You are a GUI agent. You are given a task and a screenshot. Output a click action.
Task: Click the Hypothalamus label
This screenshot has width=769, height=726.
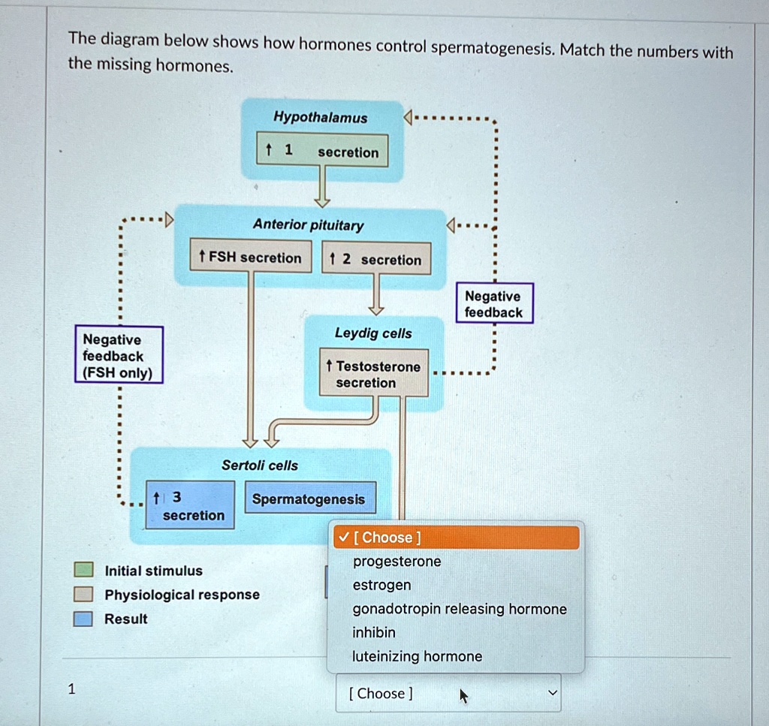tap(321, 118)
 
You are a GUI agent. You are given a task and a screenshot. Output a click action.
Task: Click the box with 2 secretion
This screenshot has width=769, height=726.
tap(376, 259)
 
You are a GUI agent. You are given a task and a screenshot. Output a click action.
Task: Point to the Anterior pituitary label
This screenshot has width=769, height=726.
tap(308, 224)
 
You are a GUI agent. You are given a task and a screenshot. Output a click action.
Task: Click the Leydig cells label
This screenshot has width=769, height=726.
tap(373, 333)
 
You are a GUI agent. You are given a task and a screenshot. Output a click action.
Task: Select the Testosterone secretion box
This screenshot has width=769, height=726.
tap(373, 374)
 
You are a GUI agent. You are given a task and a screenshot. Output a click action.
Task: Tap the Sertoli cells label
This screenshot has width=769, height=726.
tap(260, 465)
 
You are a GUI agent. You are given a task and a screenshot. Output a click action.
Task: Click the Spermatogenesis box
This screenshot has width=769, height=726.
tap(309, 499)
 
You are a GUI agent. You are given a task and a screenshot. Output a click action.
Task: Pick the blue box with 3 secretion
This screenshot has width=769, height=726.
tap(189, 505)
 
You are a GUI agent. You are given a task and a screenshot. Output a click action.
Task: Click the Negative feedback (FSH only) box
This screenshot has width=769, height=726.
tap(119, 355)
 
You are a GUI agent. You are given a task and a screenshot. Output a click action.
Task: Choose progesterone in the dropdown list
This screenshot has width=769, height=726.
tap(397, 562)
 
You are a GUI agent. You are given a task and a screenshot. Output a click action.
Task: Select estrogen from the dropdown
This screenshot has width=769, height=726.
tap(381, 585)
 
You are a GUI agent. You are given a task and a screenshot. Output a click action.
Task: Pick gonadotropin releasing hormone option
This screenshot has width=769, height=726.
tap(460, 609)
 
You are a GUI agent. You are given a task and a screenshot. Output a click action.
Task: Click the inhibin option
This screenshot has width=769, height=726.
tap(374, 632)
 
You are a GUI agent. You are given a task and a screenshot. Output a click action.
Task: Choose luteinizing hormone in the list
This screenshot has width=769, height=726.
tap(417, 656)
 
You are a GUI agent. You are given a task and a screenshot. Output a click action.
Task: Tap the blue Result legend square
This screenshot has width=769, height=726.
tap(83, 619)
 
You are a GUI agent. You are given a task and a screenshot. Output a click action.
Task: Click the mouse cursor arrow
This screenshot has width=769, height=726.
tap(463, 696)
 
